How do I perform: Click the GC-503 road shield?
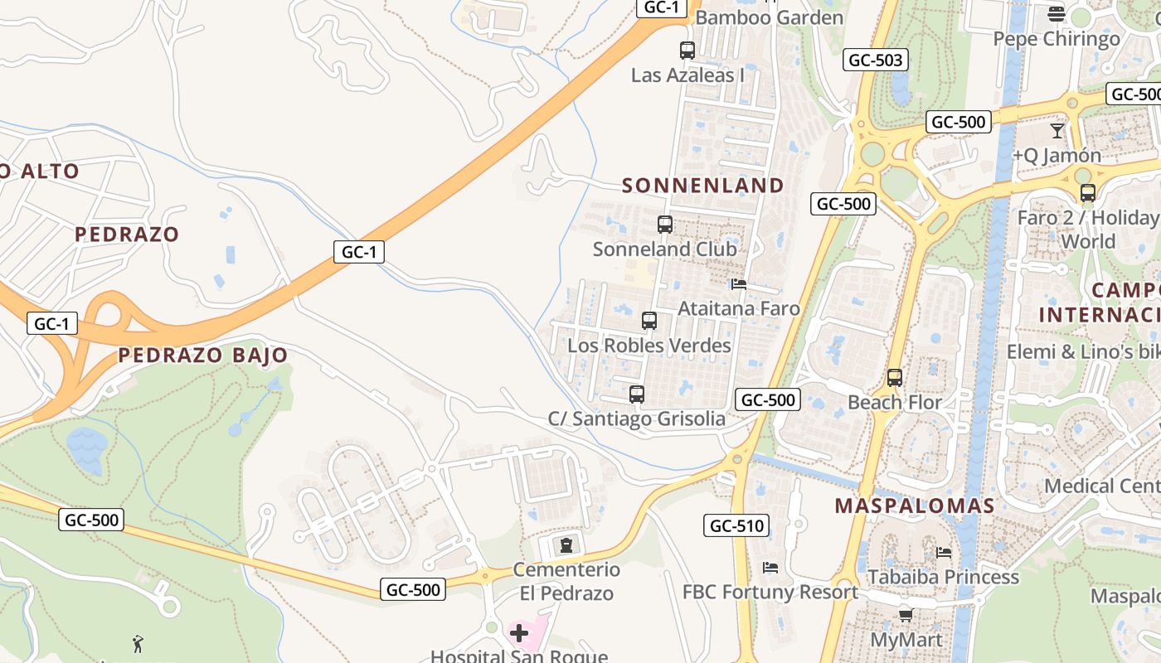[876, 60]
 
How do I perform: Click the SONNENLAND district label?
[703, 185]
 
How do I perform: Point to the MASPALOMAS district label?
[915, 506]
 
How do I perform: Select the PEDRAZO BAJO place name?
[203, 356]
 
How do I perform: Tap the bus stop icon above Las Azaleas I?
[687, 50]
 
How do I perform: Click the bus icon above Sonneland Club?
[664, 224]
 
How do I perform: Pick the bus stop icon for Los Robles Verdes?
[649, 320]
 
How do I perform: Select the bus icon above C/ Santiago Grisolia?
[637, 394]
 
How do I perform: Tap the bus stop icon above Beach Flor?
[895, 378]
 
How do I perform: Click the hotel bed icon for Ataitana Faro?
[739, 284]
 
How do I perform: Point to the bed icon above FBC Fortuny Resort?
[770, 568]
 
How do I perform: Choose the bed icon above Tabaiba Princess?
[944, 552]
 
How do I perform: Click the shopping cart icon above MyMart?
[906, 615]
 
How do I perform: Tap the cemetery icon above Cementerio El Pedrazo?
[566, 544]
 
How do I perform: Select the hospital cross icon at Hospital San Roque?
[519, 634]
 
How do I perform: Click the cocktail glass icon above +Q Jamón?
[1057, 130]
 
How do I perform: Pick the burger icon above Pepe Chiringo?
[1057, 13]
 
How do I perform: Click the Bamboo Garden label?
[770, 17]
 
